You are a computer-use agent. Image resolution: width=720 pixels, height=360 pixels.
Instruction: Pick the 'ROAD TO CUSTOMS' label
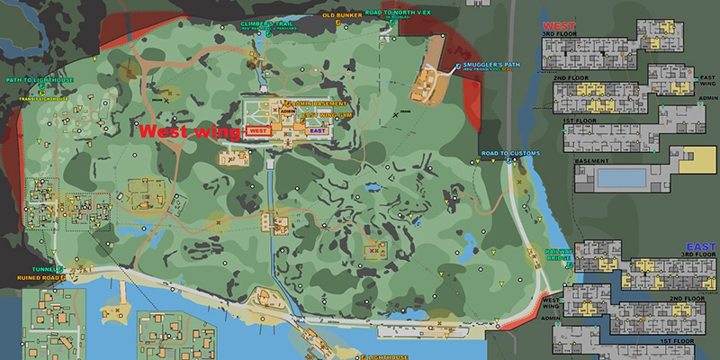click(510, 154)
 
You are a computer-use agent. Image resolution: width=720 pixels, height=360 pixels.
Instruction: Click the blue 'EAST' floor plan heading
click(699, 246)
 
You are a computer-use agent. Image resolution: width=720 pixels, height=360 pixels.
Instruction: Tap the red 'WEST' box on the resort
click(258, 130)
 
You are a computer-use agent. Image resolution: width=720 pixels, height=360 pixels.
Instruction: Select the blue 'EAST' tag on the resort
click(316, 130)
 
